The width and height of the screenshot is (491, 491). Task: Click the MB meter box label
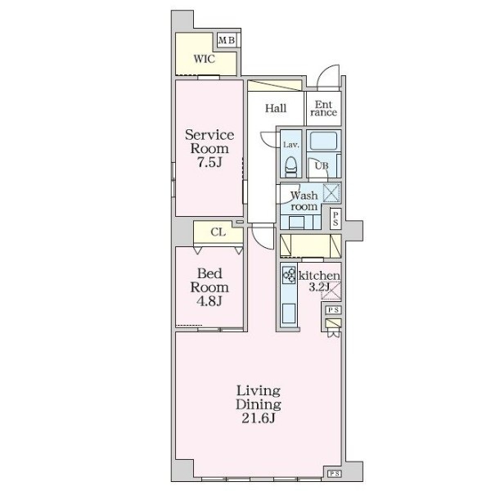click(227, 40)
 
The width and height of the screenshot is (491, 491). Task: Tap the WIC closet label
click(204, 59)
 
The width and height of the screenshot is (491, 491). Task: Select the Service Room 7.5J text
click(209, 148)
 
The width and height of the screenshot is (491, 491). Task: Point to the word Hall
click(276, 108)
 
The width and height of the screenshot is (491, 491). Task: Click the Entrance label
click(323, 108)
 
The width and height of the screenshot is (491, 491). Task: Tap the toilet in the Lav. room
click(291, 167)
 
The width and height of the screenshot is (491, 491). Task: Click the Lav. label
click(291, 145)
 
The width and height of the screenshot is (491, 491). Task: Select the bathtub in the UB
click(323, 141)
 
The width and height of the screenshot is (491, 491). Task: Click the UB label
click(322, 165)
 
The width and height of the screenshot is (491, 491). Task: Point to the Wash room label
click(304, 201)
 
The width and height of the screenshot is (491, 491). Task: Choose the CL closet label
click(218, 232)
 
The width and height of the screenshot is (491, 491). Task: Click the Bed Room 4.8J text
click(209, 287)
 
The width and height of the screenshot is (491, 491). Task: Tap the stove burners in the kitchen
click(289, 275)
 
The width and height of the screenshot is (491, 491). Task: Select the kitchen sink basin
click(289, 313)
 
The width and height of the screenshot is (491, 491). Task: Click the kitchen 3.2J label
click(319, 282)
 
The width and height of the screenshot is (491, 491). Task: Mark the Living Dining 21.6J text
click(259, 404)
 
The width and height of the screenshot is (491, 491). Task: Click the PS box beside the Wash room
click(336, 218)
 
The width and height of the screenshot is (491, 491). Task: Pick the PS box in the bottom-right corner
click(334, 474)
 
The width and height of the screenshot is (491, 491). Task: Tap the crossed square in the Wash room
click(331, 192)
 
